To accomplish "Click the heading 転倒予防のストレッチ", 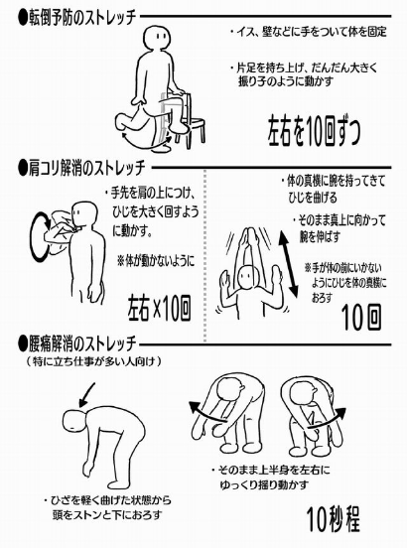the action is (76, 18).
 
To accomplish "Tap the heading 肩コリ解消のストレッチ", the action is (81, 168).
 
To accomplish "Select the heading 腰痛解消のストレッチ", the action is (76, 343).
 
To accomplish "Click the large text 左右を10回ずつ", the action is (314, 131).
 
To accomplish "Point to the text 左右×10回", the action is (159, 308).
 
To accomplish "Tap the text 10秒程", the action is (333, 518).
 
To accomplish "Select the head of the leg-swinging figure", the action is (159, 38).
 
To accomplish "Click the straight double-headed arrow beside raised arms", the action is (288, 265).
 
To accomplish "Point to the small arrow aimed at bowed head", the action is (87, 395).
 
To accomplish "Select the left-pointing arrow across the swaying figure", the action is (207, 413).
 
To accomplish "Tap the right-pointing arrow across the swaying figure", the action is (327, 419).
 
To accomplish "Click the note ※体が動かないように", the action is (156, 261).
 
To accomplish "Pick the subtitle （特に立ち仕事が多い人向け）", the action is (94, 361).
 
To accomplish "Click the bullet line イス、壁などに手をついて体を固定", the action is (308, 32).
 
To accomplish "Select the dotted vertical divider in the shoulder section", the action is (204, 255).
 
